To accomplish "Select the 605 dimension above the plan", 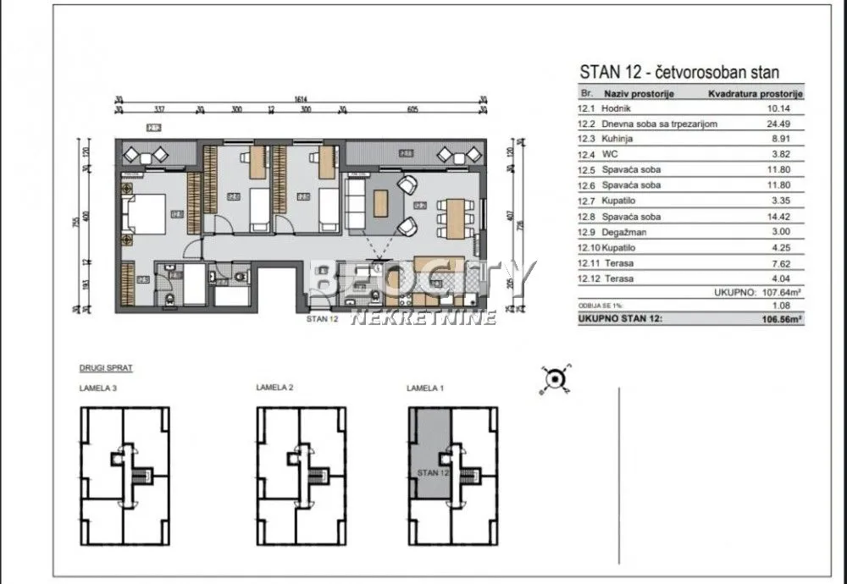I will point(412,109).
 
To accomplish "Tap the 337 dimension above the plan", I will point(158,109).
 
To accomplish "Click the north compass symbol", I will point(555,380).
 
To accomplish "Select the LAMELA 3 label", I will point(98,388).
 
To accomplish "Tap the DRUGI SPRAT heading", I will point(106,369).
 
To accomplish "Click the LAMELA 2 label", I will point(274,388).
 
